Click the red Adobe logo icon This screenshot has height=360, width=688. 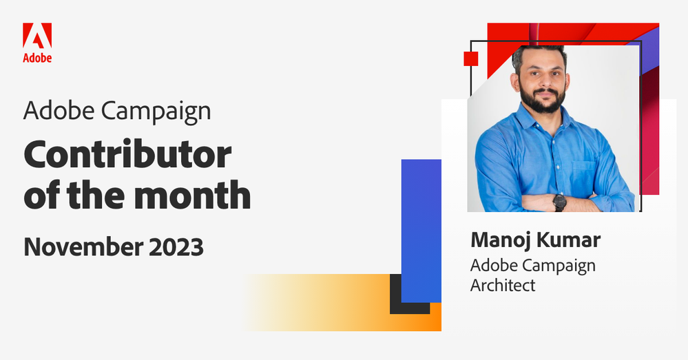[37, 36]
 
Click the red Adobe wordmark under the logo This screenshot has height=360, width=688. [37, 58]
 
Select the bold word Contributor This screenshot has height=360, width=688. [127, 156]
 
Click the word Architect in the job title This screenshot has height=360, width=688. [502, 284]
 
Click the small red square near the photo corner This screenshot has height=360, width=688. [470, 59]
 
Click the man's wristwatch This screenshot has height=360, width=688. [559, 202]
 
